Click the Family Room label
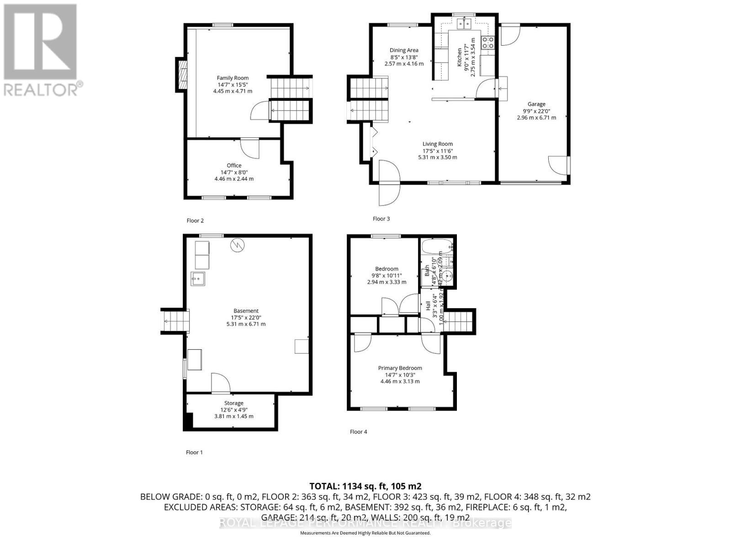point(233,78)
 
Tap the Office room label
point(234,166)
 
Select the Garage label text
point(536,104)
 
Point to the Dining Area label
point(404,51)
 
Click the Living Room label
point(437,144)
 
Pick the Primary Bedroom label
point(400,368)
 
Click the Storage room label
point(233,403)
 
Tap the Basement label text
point(246,311)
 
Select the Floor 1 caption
point(194,452)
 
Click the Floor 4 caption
point(358,432)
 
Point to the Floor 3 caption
point(381,219)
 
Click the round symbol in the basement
point(237,246)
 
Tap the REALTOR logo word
point(43,89)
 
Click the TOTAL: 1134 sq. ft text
point(365,486)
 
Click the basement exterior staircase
point(175,321)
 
